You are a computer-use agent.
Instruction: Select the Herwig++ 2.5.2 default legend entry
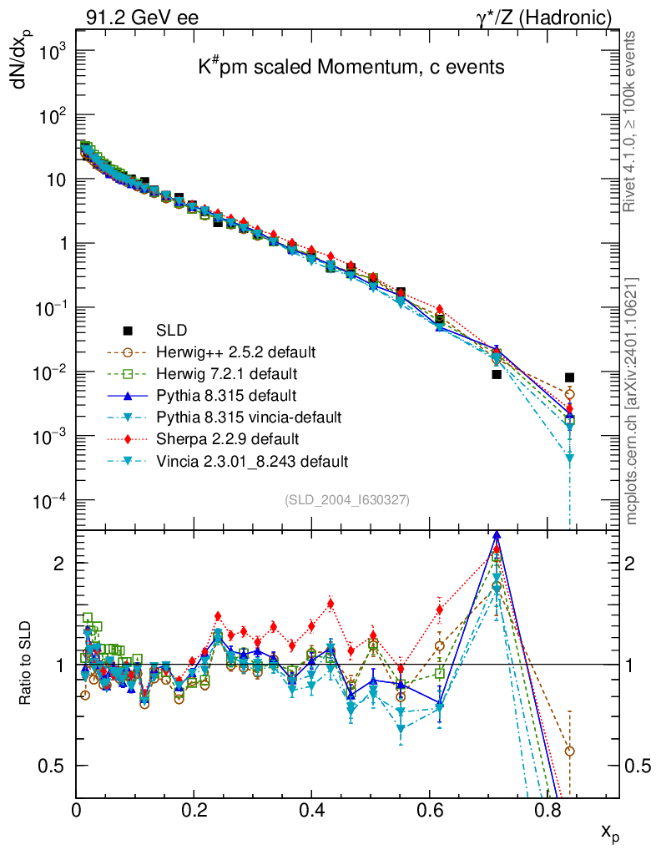pos(237,351)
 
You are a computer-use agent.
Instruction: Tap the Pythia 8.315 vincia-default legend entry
pos(250,416)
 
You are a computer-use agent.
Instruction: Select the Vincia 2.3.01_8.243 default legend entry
pos(252,460)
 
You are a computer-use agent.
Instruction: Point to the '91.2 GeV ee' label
pos(141,16)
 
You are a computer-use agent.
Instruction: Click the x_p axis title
pos(610,832)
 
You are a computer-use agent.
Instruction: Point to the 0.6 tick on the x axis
pos(429,808)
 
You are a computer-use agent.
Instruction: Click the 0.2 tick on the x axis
pos(194,808)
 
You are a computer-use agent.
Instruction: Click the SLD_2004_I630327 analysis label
pos(347,499)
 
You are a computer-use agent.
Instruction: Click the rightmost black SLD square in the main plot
pos(569,377)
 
